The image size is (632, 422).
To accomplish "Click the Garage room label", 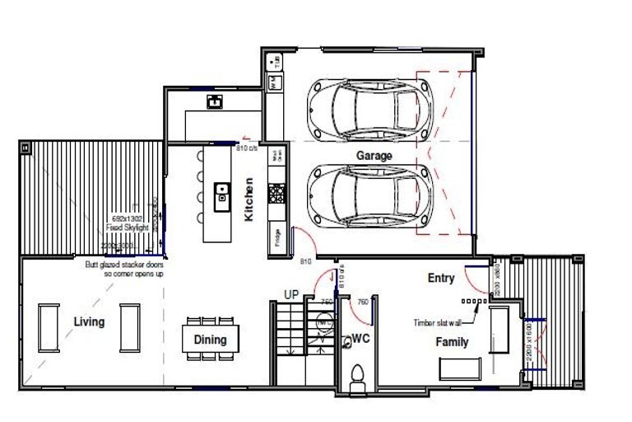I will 374,155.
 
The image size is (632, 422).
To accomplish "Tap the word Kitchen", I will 249,199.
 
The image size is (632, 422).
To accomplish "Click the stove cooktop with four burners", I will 276,195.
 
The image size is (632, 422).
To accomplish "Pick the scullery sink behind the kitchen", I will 215,102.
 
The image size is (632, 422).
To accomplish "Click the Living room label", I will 89,321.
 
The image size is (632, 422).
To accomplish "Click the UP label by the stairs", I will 291,294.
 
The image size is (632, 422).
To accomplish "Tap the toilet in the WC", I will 357,377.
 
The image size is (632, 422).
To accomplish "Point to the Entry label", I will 440,279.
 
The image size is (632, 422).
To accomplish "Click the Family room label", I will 452,341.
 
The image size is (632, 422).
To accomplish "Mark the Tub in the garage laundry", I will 276,60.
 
